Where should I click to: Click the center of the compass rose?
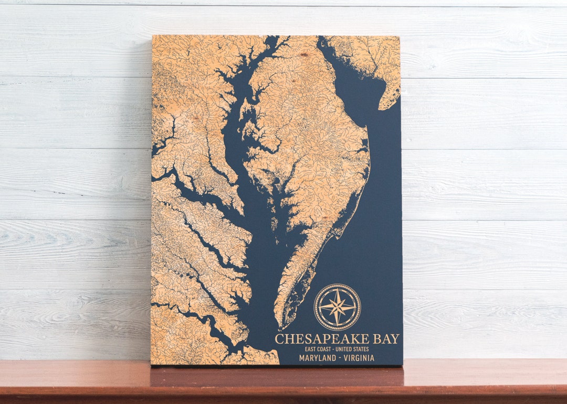coord(337,307)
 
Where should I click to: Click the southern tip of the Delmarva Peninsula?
coord(282,326)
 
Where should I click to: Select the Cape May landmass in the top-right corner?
coord(381,63)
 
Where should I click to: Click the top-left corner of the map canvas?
coord(153,36)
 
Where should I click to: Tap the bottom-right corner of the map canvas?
coord(402,364)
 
